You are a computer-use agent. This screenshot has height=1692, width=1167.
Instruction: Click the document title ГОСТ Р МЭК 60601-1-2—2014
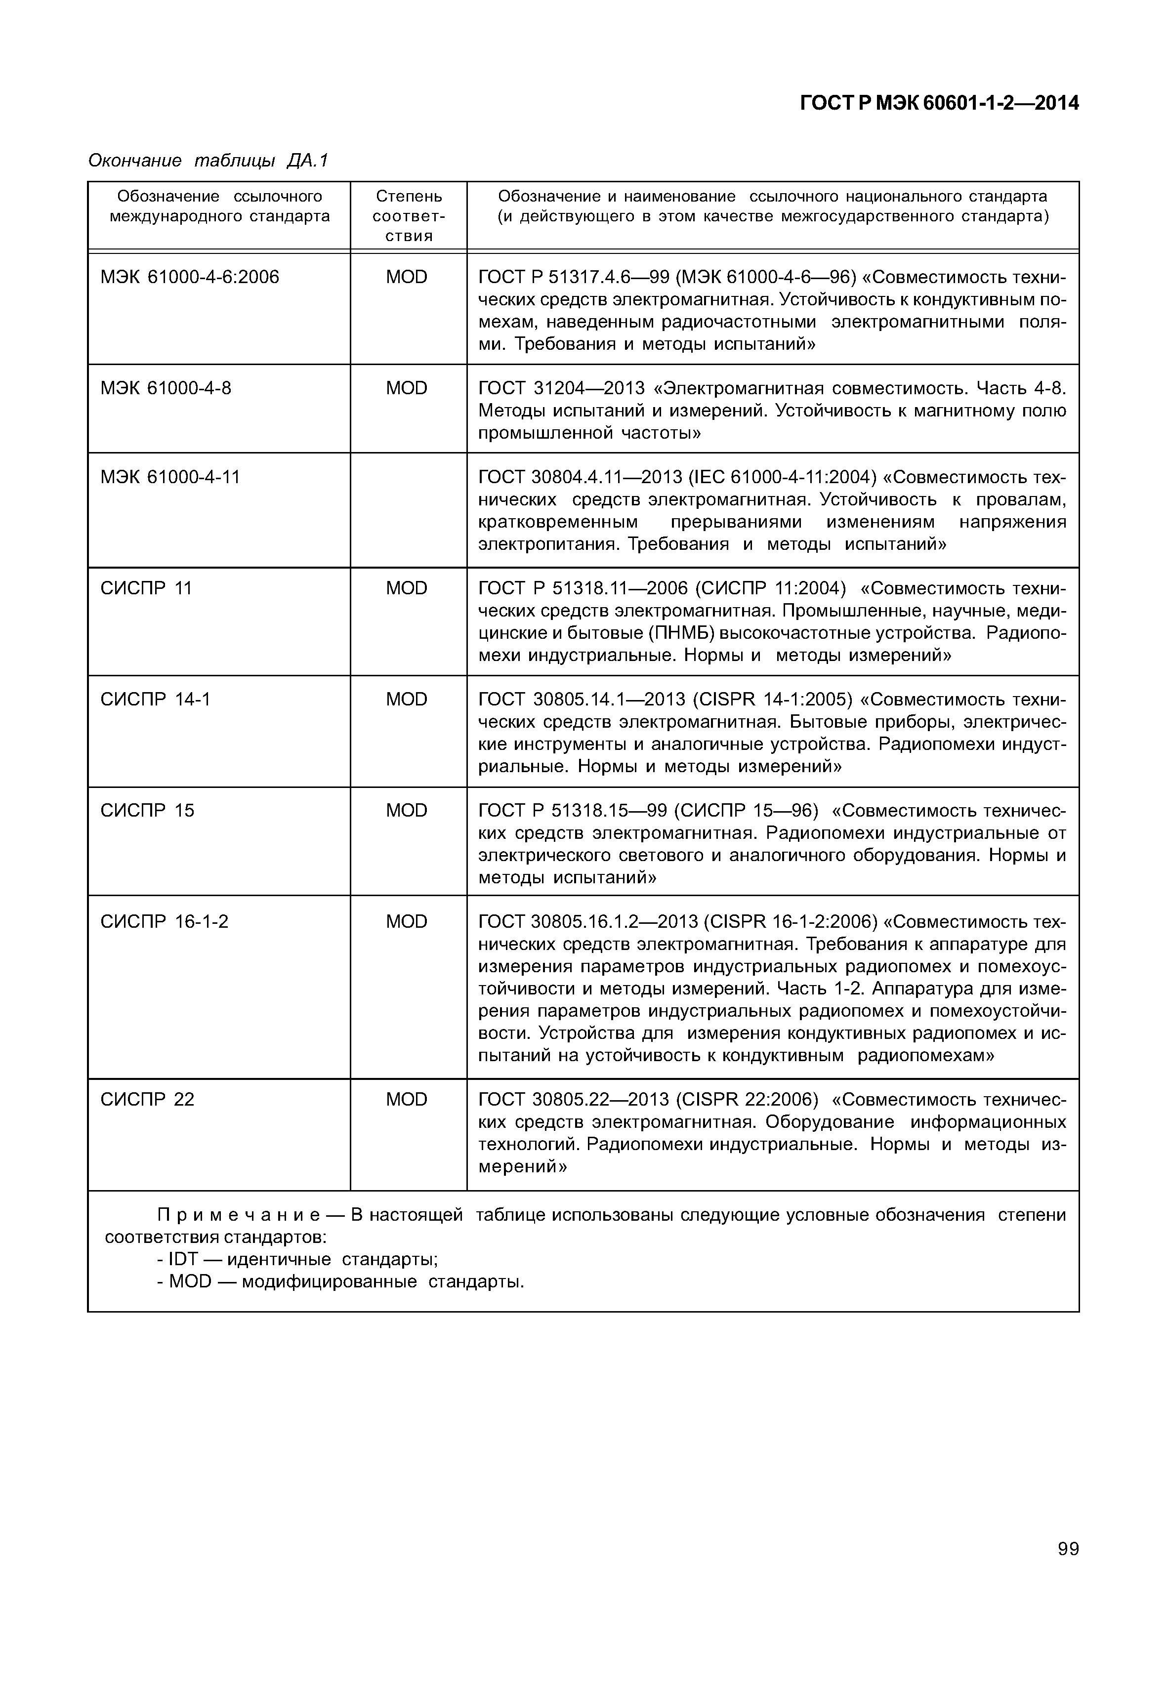point(939,104)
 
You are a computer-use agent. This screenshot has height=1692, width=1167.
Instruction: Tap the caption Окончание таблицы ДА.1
point(208,160)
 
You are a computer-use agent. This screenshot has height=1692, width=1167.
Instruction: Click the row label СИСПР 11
point(146,588)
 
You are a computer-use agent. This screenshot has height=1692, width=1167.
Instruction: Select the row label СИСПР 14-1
point(155,700)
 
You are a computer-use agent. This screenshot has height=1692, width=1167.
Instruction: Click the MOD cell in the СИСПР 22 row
point(407,1100)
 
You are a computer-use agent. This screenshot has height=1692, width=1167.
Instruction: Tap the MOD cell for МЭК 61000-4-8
point(407,388)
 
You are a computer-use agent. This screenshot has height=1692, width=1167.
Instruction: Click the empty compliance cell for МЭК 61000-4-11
point(408,510)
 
